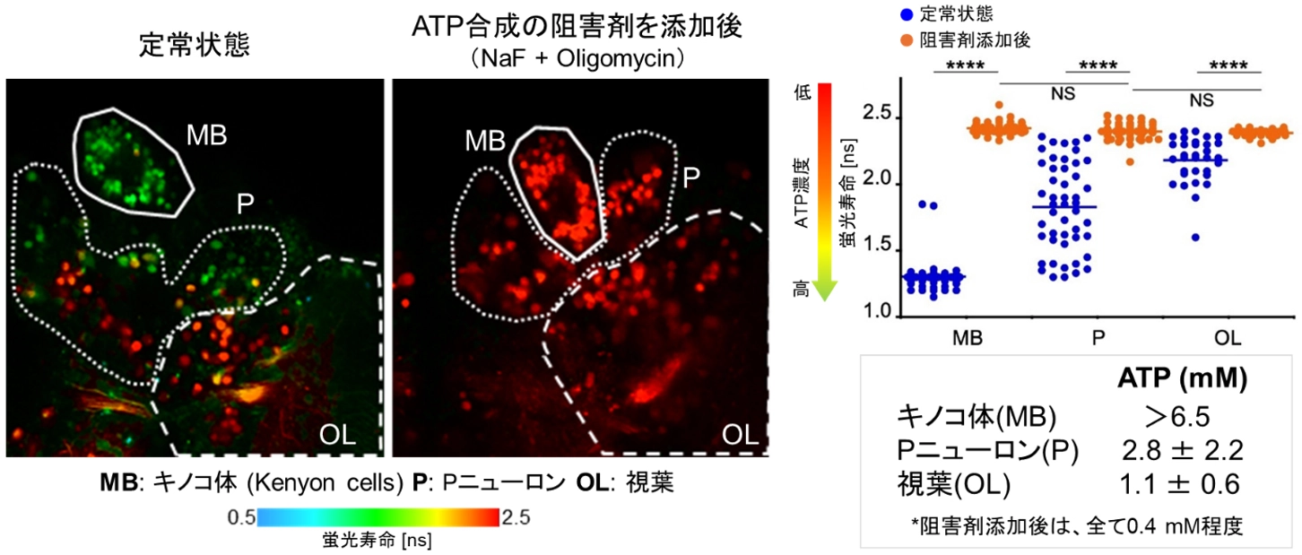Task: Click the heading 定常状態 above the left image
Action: (195, 46)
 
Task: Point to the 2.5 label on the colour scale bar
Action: (517, 517)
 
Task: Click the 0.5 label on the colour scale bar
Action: (239, 517)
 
